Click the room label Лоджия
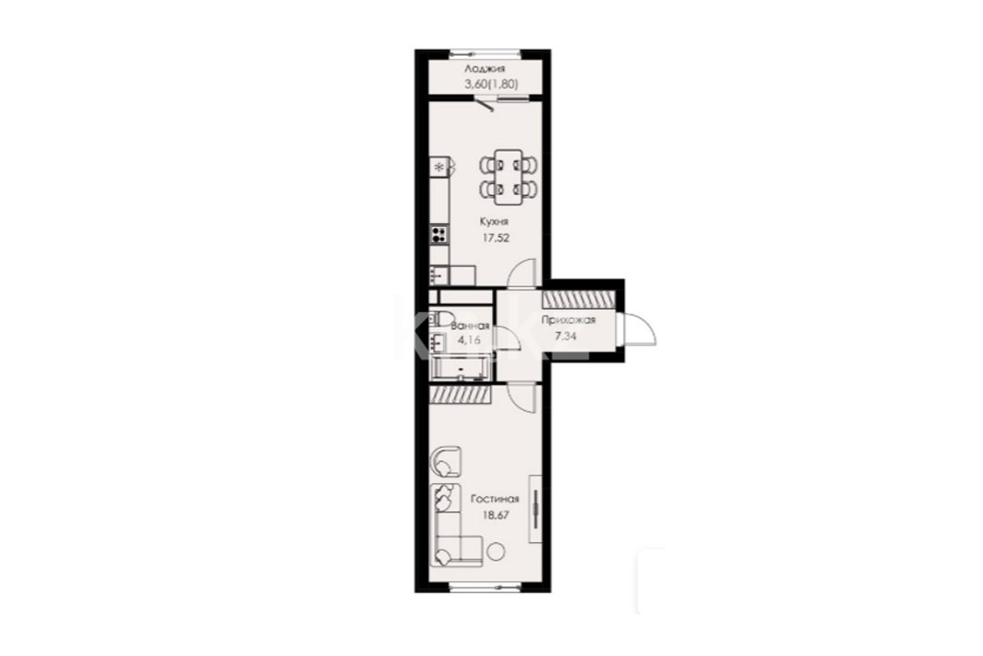pyautogui.click(x=484, y=69)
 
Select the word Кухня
pyautogui.click(x=494, y=221)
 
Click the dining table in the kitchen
pyautogui.click(x=509, y=177)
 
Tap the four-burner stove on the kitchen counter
pyautogui.click(x=439, y=235)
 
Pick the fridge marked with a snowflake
pyautogui.click(x=439, y=167)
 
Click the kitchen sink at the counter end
pyautogui.click(x=438, y=275)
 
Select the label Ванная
pyautogui.click(x=470, y=326)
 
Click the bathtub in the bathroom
pyautogui.click(x=461, y=369)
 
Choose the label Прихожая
pyautogui.click(x=568, y=320)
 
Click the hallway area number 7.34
pyautogui.click(x=566, y=336)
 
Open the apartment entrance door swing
pyautogui.click(x=637, y=328)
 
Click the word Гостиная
pyautogui.click(x=495, y=500)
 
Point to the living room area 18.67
pyautogui.click(x=495, y=514)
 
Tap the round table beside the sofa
pyautogui.click(x=496, y=552)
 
